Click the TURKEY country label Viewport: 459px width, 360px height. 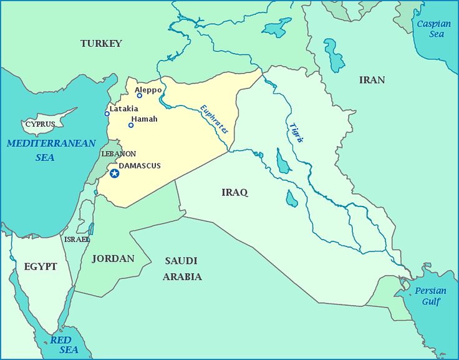point(101,44)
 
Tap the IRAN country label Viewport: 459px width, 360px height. point(372,80)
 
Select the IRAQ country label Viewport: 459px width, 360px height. point(234,192)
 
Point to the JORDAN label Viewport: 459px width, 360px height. point(113,258)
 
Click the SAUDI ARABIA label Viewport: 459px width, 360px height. point(182,268)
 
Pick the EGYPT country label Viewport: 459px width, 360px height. point(41,266)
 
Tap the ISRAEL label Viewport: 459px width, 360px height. point(77,240)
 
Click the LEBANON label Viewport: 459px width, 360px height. point(118,153)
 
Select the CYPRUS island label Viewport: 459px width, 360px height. point(40,124)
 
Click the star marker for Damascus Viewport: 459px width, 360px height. point(115,173)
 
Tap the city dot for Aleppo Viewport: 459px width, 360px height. point(140,95)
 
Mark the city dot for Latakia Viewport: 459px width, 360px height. point(107,114)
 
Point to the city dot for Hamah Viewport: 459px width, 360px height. point(131,125)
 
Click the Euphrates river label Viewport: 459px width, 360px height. point(214,120)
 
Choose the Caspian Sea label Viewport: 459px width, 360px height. point(433,29)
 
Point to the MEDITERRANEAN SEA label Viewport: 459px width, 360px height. point(43,150)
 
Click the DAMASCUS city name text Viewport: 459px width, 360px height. point(140,166)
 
